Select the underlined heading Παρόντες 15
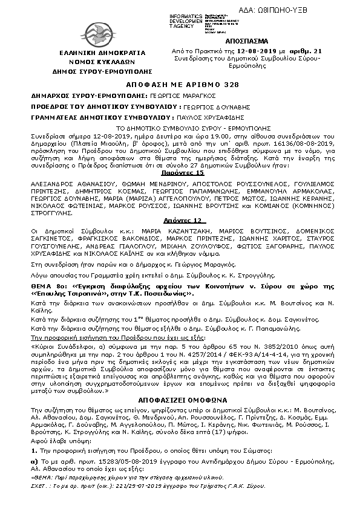tap(179, 172)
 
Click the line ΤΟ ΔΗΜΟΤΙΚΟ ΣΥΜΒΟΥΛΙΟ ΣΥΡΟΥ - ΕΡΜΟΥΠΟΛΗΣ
tap(180, 129)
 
